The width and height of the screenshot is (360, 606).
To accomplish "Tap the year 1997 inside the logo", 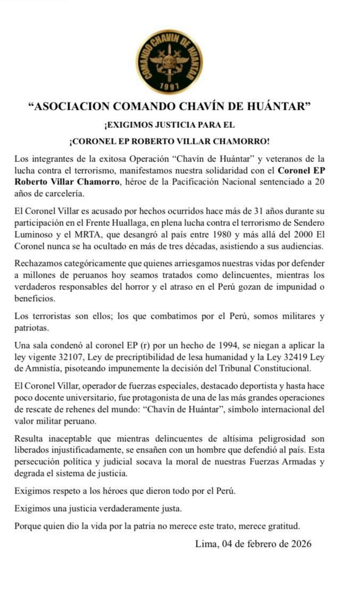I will [x=169, y=85].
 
